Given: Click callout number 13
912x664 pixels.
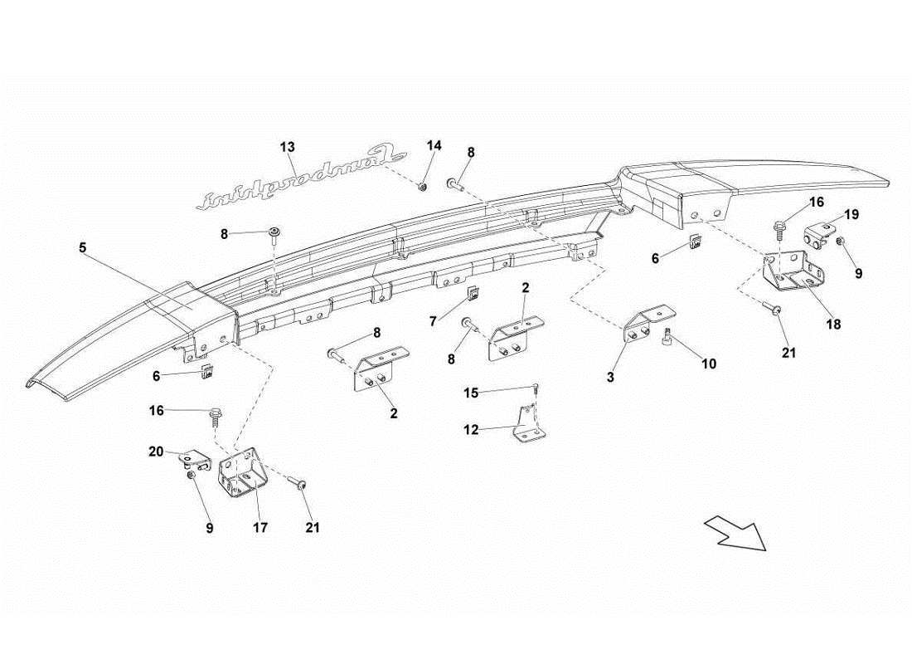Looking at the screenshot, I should [x=287, y=147].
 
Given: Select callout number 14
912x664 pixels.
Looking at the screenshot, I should [x=434, y=145].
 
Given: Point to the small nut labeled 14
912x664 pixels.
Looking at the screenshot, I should [x=423, y=187].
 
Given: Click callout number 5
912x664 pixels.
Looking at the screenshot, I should [x=82, y=247].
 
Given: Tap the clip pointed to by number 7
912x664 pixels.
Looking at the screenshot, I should [x=473, y=292].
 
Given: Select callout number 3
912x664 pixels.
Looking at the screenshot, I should [x=609, y=378].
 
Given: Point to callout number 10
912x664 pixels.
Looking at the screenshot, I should [x=709, y=364].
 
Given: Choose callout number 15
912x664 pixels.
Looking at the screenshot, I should [x=471, y=393].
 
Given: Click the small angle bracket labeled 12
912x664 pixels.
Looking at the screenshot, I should [x=527, y=425].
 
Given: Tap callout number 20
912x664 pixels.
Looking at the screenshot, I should [x=156, y=452].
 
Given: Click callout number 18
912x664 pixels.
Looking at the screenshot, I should [x=833, y=325].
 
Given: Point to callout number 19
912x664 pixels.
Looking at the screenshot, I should [x=851, y=214].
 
